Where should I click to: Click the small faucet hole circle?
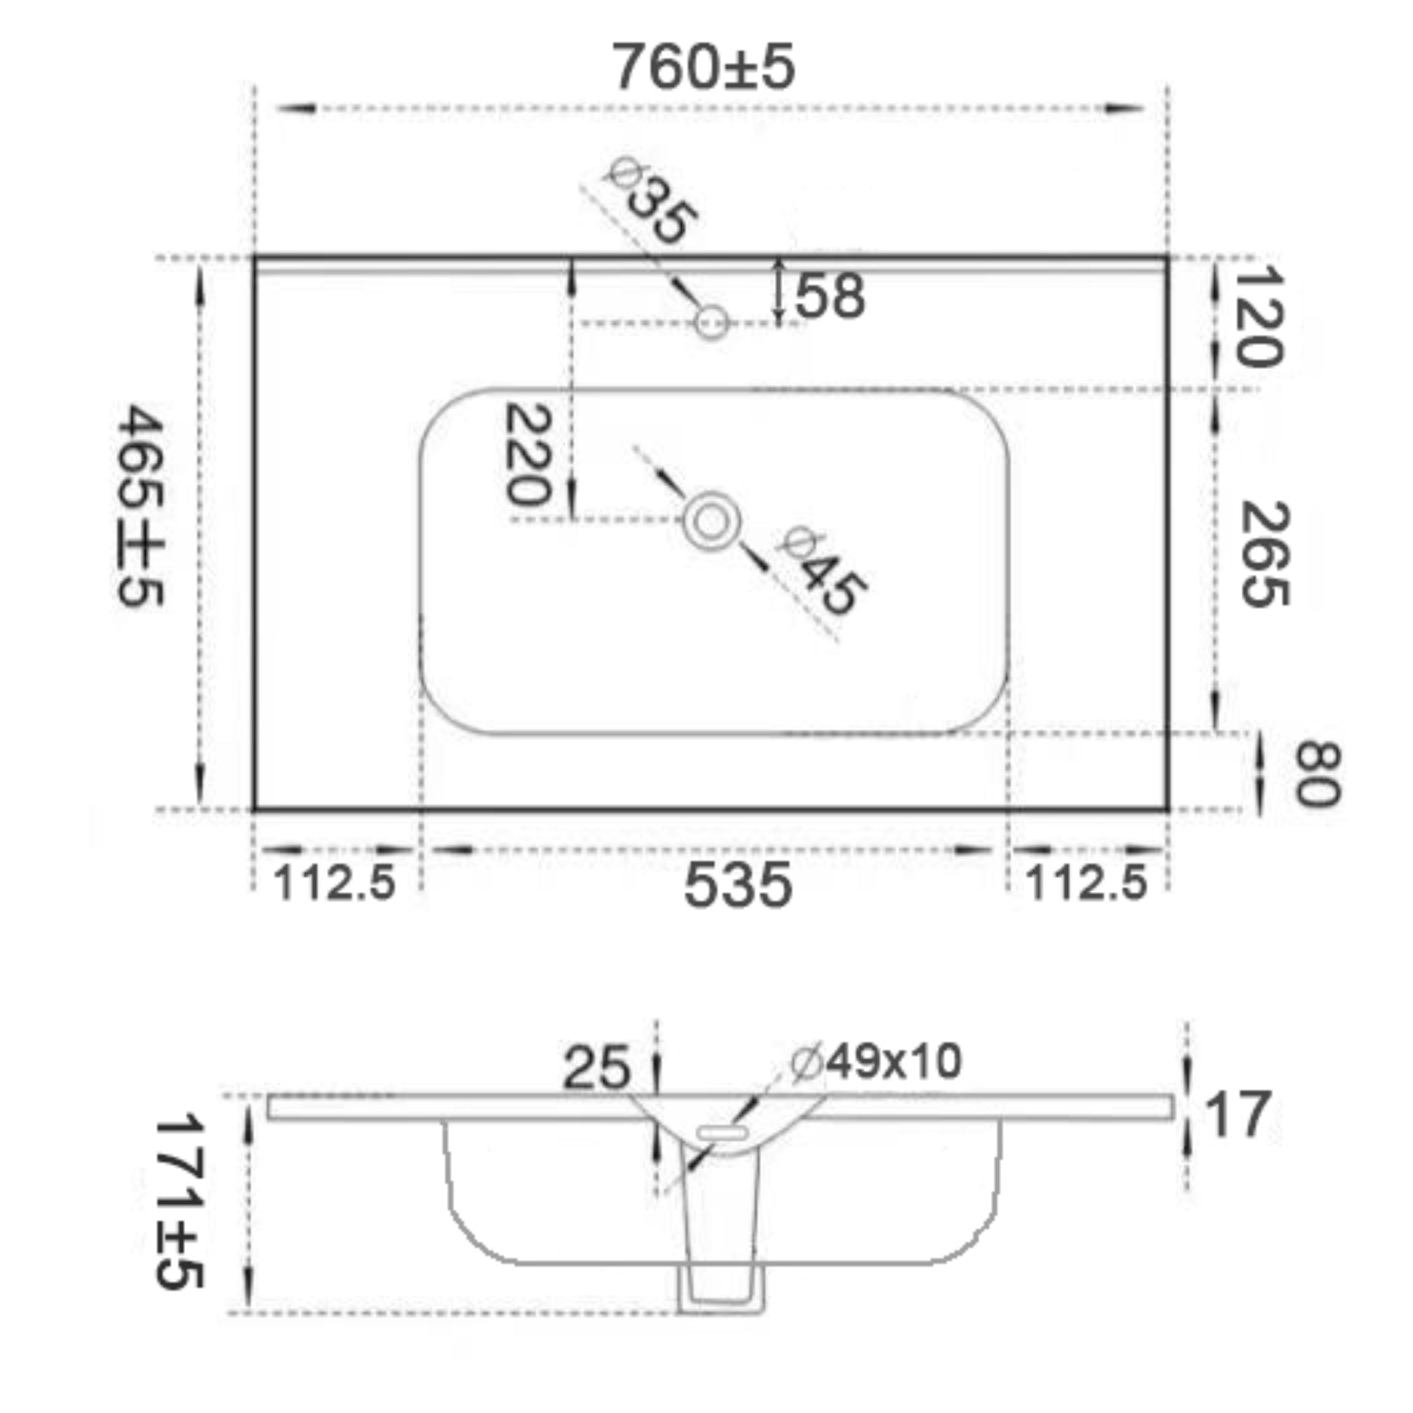click(711, 322)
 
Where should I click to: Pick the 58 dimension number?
click(830, 296)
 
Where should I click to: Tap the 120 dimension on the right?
click(1258, 315)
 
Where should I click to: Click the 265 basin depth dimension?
click(1265, 553)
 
